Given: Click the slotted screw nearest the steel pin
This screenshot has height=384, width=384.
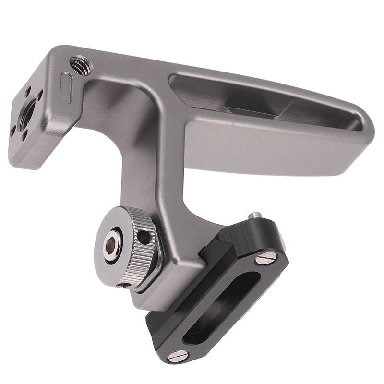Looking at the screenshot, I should pos(267,259).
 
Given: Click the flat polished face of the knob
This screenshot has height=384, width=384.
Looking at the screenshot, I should pos(104,245).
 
